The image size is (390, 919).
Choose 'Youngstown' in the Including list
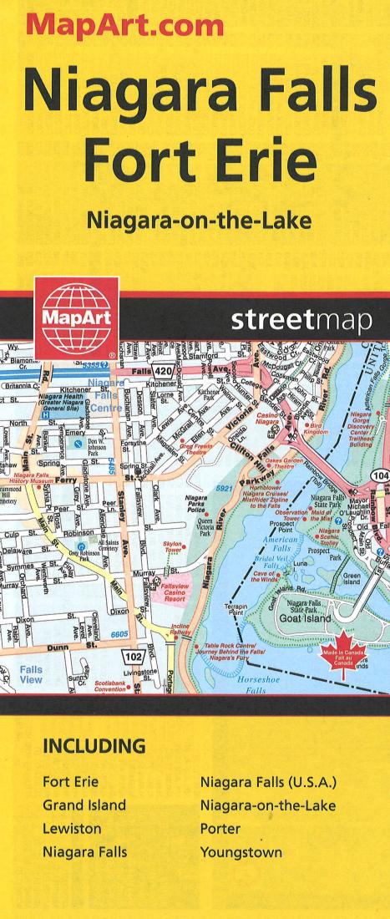pyautogui.click(x=241, y=853)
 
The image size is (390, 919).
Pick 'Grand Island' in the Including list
pyautogui.click(x=84, y=805)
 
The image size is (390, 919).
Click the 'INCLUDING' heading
pyautogui.click(x=94, y=746)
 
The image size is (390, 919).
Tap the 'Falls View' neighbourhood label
pyautogui.click(x=31, y=675)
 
